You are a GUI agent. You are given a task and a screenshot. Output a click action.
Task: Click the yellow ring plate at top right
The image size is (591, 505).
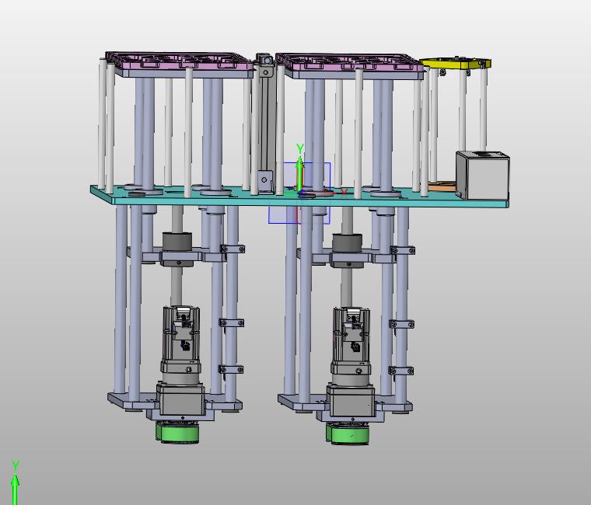[x=456, y=64]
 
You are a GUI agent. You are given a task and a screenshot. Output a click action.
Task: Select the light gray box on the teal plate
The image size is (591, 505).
[x=482, y=174]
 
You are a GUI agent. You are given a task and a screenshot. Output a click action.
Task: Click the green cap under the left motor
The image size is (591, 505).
[x=177, y=432]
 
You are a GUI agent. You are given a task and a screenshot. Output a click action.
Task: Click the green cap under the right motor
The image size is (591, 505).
[x=348, y=433]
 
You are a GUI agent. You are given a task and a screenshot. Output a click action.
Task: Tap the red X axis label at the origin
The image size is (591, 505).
[x=344, y=193]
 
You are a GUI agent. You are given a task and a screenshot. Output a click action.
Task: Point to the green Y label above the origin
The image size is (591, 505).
[x=300, y=148]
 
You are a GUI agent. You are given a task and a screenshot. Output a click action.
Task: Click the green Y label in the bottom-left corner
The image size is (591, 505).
[x=16, y=466]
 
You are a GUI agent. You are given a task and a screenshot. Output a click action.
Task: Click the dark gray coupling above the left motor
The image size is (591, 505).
[x=177, y=242]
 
